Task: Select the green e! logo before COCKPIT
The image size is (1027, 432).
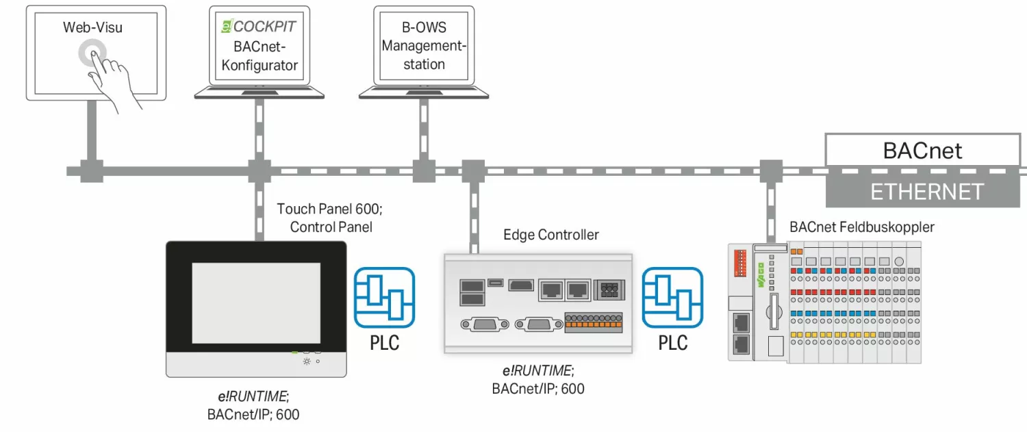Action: click(x=225, y=26)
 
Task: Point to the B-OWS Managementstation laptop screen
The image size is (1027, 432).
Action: click(x=424, y=46)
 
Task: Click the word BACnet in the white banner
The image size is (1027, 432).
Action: click(x=922, y=150)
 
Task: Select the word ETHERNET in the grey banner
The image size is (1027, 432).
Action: click(x=926, y=192)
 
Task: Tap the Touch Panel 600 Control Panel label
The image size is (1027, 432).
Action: click(x=333, y=217)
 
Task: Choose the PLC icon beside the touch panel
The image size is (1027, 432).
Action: click(x=384, y=298)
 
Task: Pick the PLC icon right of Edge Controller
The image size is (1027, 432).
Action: click(x=672, y=298)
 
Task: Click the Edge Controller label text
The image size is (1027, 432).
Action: click(x=551, y=236)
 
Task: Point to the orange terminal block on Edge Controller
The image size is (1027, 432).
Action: click(x=593, y=322)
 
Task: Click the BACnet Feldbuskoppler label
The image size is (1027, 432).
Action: click(x=861, y=227)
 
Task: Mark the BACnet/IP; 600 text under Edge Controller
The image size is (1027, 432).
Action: click(x=538, y=388)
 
